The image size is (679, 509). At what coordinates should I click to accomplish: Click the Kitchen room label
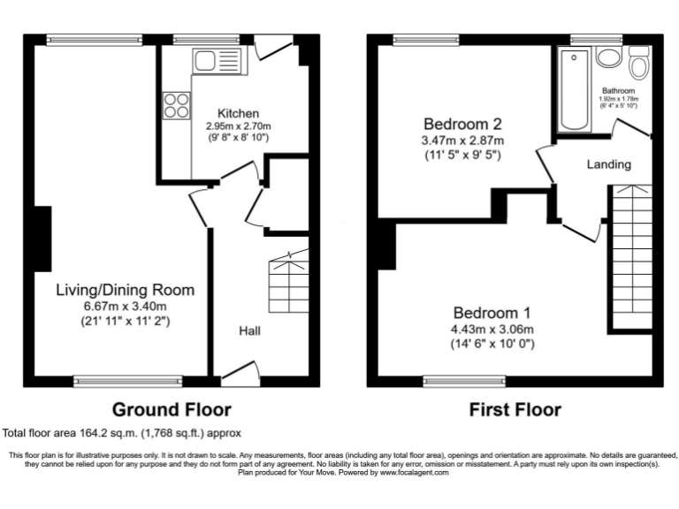tap(238, 113)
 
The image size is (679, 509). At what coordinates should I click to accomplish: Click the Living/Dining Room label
tap(125, 290)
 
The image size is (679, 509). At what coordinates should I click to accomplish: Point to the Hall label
tap(248, 330)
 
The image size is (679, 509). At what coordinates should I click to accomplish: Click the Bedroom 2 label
tap(462, 123)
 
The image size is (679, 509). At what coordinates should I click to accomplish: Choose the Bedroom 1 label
tap(493, 312)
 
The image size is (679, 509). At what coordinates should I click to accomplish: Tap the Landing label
tap(609, 164)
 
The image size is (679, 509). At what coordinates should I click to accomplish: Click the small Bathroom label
tap(619, 90)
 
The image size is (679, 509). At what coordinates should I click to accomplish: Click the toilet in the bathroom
tap(638, 64)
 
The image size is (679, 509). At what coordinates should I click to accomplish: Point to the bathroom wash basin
tap(608, 57)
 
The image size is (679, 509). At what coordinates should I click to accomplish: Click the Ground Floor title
tap(172, 409)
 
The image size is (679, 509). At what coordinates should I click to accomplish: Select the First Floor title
tap(515, 409)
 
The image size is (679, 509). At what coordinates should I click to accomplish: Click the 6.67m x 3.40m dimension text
tap(125, 306)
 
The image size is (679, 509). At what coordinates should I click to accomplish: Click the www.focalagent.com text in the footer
tap(414, 473)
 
